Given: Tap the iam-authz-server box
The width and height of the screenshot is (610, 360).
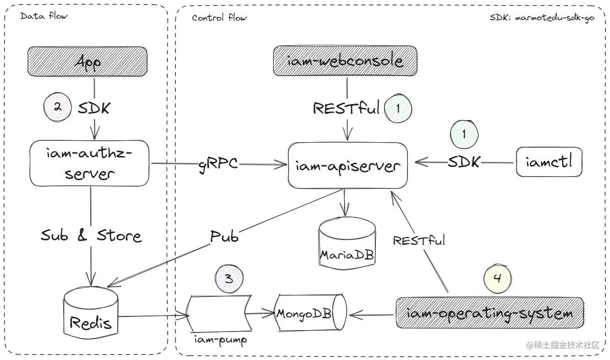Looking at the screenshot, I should point(90,163).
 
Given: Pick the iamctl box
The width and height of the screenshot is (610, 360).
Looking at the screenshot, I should point(549,161).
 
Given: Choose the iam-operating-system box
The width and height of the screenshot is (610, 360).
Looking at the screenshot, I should point(489,313).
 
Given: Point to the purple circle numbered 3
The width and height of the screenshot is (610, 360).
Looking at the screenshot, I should point(229,279).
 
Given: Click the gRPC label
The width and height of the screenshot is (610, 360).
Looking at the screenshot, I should point(218,163).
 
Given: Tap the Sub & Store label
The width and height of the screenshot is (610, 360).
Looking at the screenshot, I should point(91,235).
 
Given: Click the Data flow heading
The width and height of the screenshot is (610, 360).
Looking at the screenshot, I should point(44,16).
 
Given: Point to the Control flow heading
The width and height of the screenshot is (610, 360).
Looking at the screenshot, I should point(219,18).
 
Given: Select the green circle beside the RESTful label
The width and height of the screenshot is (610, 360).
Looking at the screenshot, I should point(398,108).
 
